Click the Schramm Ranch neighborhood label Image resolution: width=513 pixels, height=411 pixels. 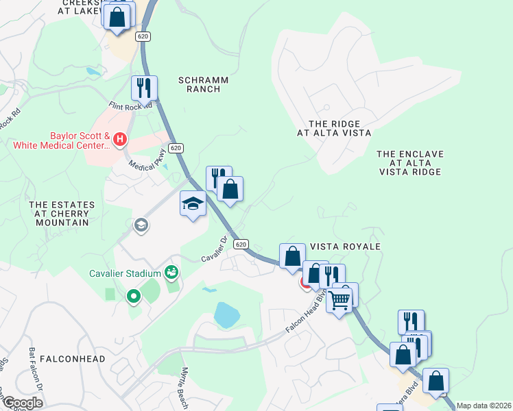(x=203, y=85)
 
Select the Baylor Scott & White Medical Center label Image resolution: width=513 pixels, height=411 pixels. (x=60, y=140)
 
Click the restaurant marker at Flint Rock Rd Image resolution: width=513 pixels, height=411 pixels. (x=145, y=88)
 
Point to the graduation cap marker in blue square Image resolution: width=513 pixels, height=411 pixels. (x=193, y=203)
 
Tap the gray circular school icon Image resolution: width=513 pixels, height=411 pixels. (x=141, y=225)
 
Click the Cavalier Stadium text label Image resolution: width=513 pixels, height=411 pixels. (x=124, y=273)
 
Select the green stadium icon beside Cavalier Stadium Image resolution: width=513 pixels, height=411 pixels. (x=171, y=273)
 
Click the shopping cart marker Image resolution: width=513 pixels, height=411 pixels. (x=340, y=299)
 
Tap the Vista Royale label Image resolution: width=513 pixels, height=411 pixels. (x=345, y=246)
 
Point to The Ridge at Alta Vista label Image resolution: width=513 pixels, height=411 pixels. (x=334, y=128)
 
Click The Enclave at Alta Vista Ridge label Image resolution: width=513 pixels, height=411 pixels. (x=410, y=163)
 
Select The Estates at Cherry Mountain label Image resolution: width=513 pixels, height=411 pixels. (x=59, y=213)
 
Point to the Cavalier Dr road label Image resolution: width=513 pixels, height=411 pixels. (x=213, y=249)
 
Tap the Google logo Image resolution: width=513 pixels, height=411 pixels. (x=23, y=403)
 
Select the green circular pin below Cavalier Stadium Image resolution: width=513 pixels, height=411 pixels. (x=134, y=297)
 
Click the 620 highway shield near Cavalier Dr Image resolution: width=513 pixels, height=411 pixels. (x=240, y=244)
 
